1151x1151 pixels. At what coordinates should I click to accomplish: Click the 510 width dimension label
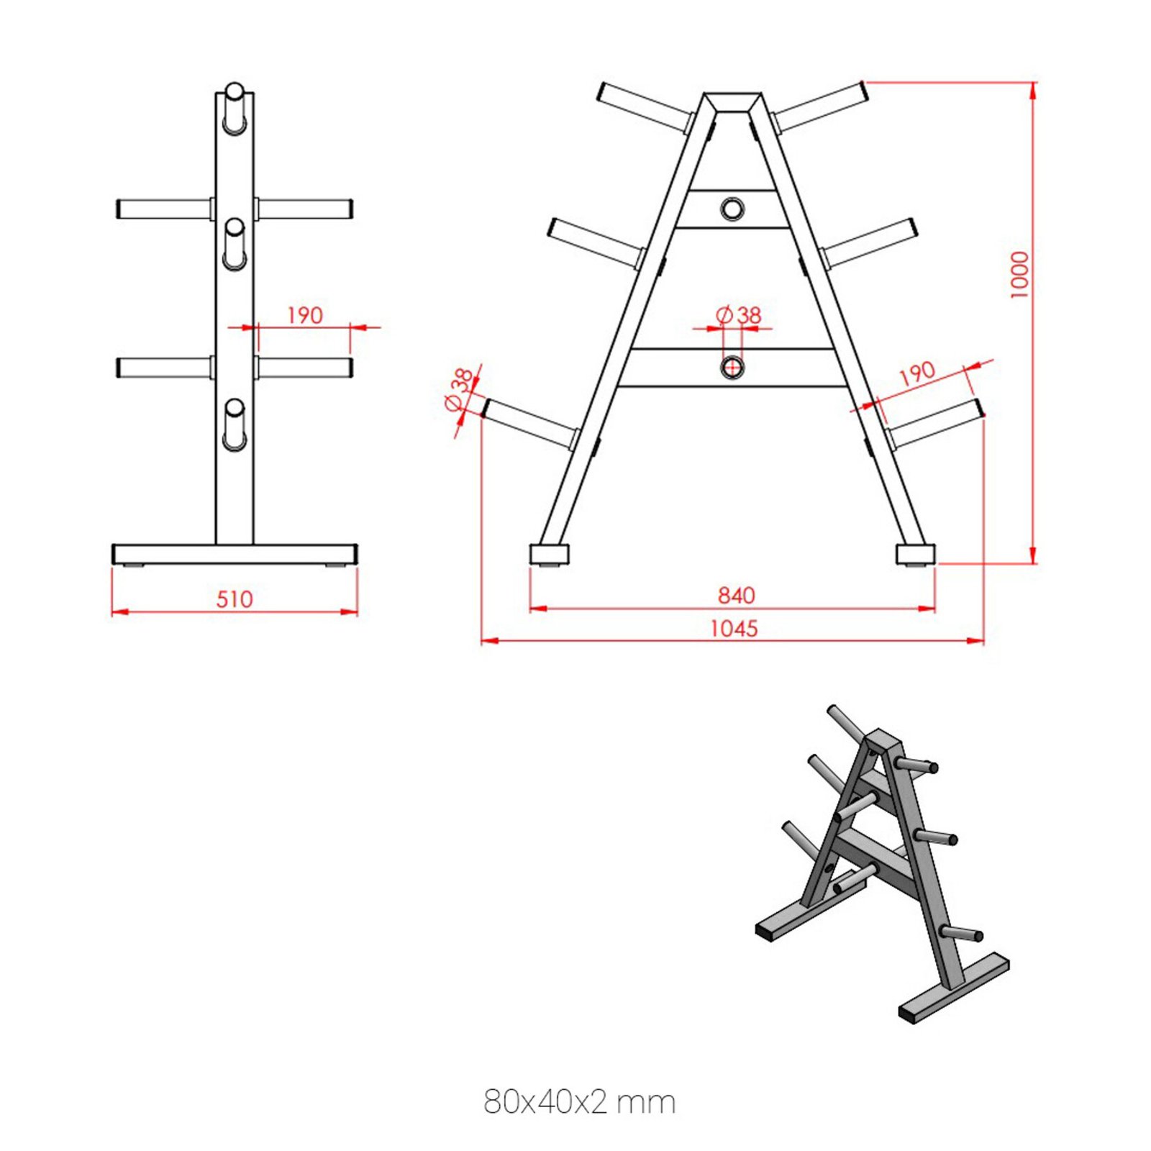tap(235, 599)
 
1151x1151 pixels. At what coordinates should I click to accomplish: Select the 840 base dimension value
tap(736, 595)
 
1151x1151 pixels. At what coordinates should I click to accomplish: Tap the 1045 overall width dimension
tap(734, 629)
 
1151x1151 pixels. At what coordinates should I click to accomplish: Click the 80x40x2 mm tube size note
tap(579, 1102)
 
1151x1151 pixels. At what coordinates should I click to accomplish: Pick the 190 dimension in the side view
tap(305, 315)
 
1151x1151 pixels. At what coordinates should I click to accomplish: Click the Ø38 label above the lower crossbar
tap(740, 314)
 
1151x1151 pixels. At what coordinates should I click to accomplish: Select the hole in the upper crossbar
tap(732, 209)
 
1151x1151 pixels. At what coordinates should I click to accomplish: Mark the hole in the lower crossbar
tap(732, 368)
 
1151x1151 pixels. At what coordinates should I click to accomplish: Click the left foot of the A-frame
tap(550, 555)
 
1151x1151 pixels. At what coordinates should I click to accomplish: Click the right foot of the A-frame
tap(915, 555)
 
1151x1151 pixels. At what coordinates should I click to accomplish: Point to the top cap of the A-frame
tap(732, 101)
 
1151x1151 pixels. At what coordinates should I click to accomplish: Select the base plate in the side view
tap(235, 554)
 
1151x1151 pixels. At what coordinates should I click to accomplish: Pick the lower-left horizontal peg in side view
tap(164, 368)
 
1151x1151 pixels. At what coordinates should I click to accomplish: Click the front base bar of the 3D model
tap(954, 986)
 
